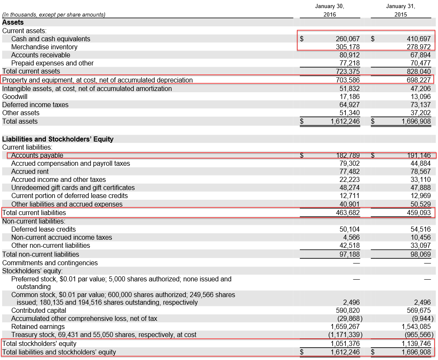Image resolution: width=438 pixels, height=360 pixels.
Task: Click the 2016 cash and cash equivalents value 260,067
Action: click(x=347, y=39)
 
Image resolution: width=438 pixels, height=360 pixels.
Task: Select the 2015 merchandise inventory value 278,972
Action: click(x=418, y=47)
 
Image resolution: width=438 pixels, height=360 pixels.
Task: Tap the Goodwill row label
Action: click(x=15, y=96)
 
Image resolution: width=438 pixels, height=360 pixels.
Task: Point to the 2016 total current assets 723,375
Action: click(x=347, y=71)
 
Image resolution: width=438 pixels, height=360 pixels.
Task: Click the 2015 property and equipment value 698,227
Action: click(x=418, y=80)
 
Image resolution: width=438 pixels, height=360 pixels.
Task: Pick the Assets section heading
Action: click(x=13, y=22)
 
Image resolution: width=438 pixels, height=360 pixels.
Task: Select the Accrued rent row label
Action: click(x=30, y=171)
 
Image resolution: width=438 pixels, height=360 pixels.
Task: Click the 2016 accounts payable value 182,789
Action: click(x=347, y=156)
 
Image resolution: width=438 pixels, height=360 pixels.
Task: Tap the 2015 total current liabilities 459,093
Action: click(x=418, y=213)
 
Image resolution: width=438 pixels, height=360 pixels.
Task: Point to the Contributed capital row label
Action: click(x=39, y=311)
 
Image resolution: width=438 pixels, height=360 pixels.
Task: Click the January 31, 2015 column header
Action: click(x=400, y=10)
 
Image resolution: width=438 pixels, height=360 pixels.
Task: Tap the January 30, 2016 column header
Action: click(x=329, y=10)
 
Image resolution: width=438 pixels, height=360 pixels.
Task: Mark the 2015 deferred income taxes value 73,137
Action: click(x=420, y=105)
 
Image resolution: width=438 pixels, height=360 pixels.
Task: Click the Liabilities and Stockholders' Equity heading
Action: click(x=58, y=139)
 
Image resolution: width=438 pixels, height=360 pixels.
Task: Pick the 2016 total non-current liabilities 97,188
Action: click(x=349, y=254)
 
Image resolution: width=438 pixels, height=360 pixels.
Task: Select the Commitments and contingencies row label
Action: click(x=50, y=263)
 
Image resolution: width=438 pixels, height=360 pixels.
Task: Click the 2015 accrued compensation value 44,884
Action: click(x=420, y=163)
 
